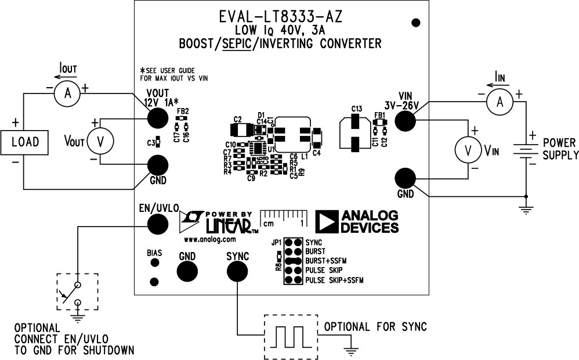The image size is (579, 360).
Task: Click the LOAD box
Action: (26, 142)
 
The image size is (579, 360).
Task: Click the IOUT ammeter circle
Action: (67, 95)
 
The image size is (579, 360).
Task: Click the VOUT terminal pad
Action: (155, 118)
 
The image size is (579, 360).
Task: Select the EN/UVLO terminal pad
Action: (157, 223)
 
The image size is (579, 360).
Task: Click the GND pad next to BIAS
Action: (187, 271)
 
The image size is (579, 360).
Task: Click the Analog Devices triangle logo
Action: (326, 221)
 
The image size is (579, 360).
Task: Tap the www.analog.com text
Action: (210, 239)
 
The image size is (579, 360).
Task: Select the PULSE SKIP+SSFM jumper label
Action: (335, 280)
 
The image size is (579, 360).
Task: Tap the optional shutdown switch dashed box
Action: (77, 291)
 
